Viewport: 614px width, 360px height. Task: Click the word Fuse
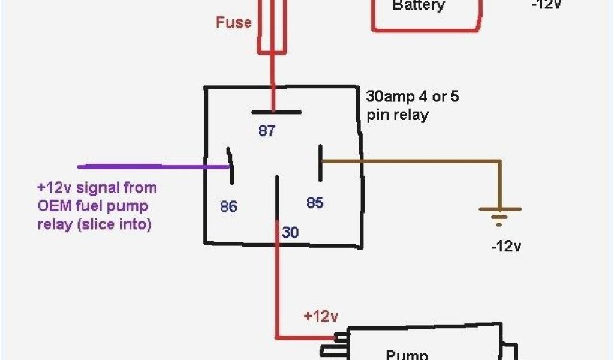[234, 23]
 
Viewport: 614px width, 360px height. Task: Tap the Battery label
[419, 6]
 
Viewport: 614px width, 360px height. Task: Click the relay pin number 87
[267, 130]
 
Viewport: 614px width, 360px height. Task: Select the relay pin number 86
[228, 207]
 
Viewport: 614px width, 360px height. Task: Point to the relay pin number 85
[315, 203]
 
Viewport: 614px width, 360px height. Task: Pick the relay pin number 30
[290, 232]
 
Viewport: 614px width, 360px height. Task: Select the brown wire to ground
[420, 161]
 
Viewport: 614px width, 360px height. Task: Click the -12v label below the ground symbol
[506, 247]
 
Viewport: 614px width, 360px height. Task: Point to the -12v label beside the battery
[548, 5]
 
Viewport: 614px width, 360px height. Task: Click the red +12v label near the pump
[321, 316]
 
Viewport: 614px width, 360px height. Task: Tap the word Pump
[407, 355]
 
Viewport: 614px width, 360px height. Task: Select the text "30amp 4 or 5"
[412, 97]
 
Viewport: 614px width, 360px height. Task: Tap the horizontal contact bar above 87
[276, 112]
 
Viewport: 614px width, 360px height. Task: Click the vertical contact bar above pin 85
[321, 162]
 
